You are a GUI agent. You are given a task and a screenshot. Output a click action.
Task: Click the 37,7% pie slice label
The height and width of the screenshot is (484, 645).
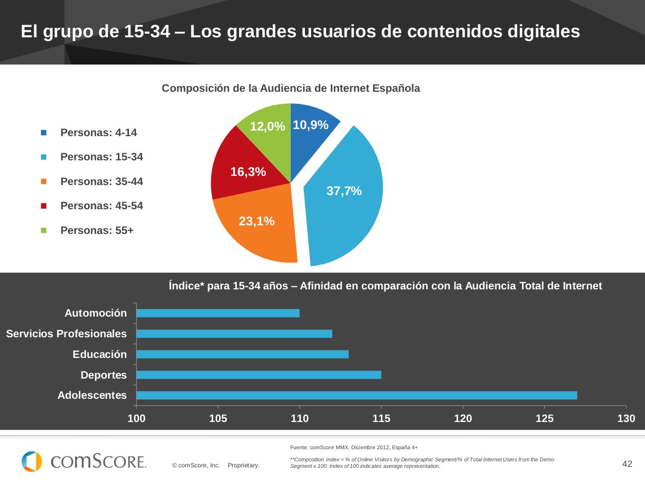point(344,191)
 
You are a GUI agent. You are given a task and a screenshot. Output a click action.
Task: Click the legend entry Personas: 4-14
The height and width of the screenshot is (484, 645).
point(98,133)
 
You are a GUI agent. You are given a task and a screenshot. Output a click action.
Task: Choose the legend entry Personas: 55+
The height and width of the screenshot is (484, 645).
point(97,230)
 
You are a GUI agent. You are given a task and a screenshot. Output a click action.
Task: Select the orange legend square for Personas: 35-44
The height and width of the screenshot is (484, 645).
point(44,181)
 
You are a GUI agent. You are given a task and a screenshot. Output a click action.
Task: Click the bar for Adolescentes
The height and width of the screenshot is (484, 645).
point(356,395)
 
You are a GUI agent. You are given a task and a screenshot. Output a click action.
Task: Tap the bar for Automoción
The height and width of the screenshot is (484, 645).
point(218,313)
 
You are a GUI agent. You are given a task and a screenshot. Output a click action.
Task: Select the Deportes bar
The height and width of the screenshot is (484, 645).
point(259,375)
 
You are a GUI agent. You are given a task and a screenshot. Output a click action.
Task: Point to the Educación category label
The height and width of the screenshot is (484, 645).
point(100,354)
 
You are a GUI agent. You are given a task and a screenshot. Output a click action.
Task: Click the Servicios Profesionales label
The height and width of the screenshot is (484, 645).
point(67,334)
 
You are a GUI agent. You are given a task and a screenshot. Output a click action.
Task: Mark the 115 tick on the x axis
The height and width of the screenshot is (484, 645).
point(381,418)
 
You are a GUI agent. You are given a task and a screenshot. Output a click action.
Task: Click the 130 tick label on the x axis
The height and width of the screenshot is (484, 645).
point(626,418)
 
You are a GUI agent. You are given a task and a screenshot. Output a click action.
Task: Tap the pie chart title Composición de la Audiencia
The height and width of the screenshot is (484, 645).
point(291,88)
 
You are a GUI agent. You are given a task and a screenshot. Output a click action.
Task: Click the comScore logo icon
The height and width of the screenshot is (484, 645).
point(32,461)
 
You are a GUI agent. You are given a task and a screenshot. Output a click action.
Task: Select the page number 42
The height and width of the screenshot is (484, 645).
point(627,464)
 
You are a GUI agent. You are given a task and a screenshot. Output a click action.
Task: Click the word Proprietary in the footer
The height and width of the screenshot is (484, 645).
point(243,465)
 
